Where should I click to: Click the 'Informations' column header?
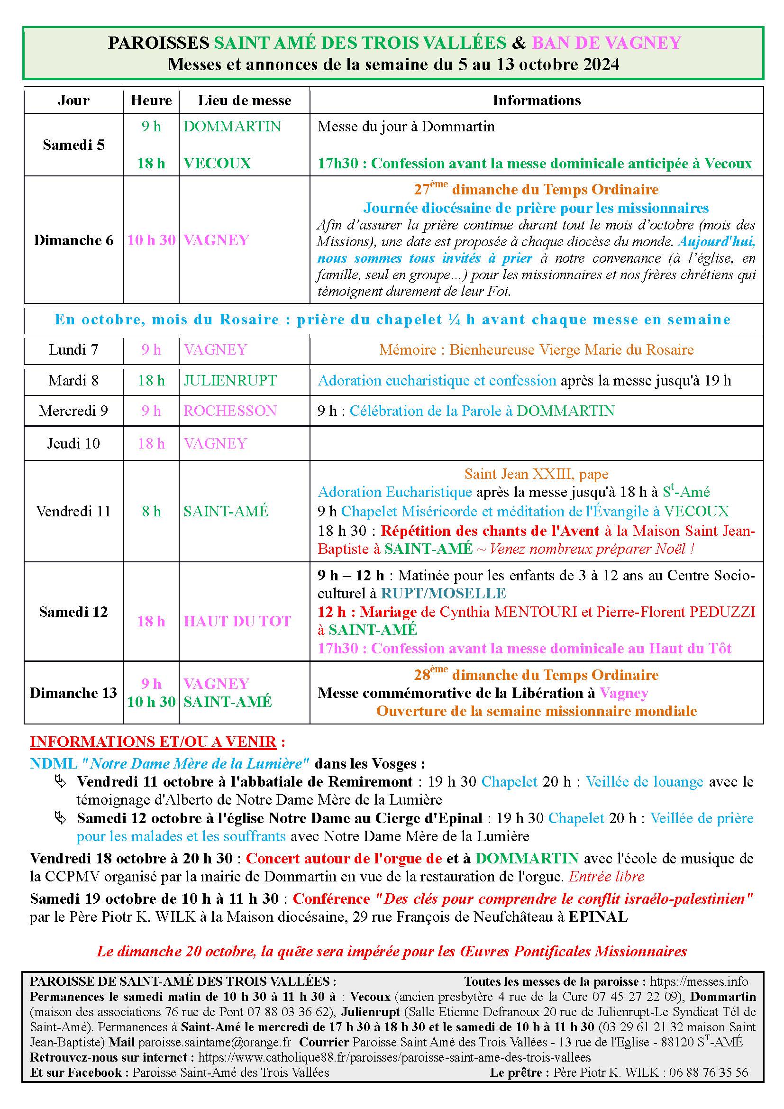pyautogui.click(x=536, y=101)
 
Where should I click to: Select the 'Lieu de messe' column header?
pyautogui.click(x=244, y=101)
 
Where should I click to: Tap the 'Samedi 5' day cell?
pyautogui.click(x=73, y=145)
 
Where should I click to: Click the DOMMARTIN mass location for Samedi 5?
pyautogui.click(x=232, y=127)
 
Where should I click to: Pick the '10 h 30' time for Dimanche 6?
pyautogui.click(x=151, y=240)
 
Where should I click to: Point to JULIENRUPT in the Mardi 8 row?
pyautogui.click(x=230, y=380)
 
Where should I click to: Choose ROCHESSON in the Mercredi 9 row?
pyautogui.click(x=230, y=411)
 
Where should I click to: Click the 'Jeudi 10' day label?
pyautogui.click(x=73, y=443)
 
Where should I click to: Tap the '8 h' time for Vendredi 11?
pyautogui.click(x=151, y=511)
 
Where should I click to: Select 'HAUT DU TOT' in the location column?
pyautogui.click(x=237, y=621)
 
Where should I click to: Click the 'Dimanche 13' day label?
pyautogui.click(x=73, y=693)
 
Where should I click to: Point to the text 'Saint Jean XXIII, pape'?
pyautogui.click(x=537, y=474)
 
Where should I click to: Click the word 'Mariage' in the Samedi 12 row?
pyautogui.click(x=388, y=612)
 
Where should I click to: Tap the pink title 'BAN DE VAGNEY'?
pyautogui.click(x=606, y=43)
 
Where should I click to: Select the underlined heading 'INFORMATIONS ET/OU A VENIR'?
pyautogui.click(x=153, y=742)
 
